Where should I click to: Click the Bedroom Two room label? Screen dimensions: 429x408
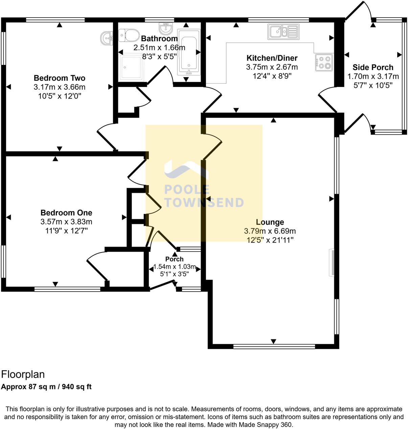click(59, 78)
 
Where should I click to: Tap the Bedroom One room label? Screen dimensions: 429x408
click(66, 213)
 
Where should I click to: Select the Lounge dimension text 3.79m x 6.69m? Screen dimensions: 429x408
click(270, 231)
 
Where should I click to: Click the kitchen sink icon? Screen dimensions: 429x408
click(283, 31)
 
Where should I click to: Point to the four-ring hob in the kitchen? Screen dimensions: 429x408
click(324, 62)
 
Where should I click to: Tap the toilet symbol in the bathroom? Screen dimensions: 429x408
click(129, 35)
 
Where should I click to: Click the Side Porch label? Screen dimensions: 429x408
click(373, 67)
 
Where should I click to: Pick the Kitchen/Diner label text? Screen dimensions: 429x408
click(272, 58)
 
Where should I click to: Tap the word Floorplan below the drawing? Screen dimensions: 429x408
click(23, 375)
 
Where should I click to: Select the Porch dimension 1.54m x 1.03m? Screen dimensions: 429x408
click(175, 267)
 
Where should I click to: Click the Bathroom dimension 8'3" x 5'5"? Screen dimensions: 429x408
click(159, 57)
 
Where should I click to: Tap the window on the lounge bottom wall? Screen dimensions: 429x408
click(274, 346)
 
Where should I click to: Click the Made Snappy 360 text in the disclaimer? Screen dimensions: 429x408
click(266, 425)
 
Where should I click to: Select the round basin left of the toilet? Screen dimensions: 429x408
click(107, 38)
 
